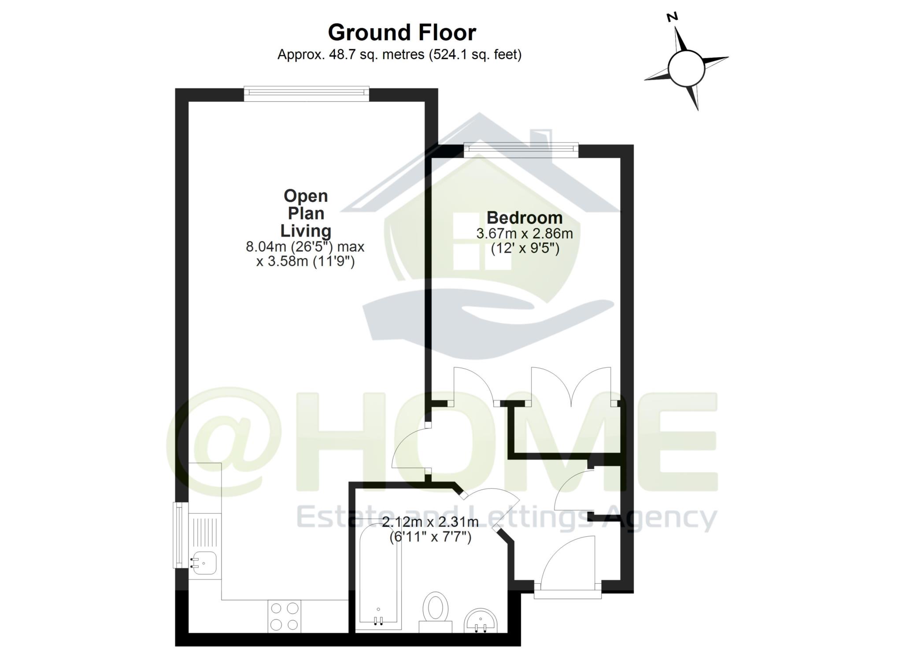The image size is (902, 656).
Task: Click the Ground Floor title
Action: click(x=402, y=33)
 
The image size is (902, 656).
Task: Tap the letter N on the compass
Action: click(x=672, y=17)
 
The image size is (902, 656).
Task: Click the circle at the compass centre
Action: click(x=686, y=68)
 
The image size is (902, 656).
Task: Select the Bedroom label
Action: click(x=524, y=218)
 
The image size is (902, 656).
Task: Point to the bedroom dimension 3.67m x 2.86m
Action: click(x=525, y=233)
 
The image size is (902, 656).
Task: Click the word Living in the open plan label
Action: click(x=306, y=231)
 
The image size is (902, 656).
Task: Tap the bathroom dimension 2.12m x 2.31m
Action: click(x=430, y=523)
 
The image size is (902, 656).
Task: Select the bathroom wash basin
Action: click(x=481, y=621)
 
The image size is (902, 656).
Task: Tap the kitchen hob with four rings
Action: click(x=285, y=617)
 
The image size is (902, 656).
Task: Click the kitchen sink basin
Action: click(x=203, y=563)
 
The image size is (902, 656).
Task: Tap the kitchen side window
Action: click(x=179, y=535)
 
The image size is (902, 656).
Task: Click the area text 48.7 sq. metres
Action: click(x=376, y=55)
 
